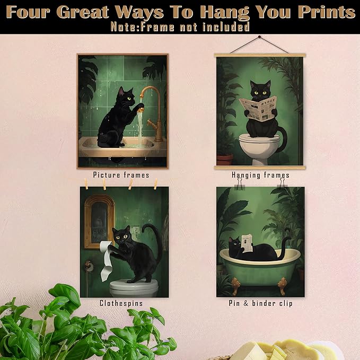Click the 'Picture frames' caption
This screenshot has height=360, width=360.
click(121, 174)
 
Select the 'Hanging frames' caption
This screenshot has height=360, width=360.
click(260, 174)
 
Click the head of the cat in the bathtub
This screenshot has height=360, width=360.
click(235, 244)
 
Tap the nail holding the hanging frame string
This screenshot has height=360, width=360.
click(259, 37)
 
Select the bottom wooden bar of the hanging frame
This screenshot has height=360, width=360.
click(259, 168)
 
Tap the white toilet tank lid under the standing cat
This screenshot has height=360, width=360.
click(134, 284)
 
